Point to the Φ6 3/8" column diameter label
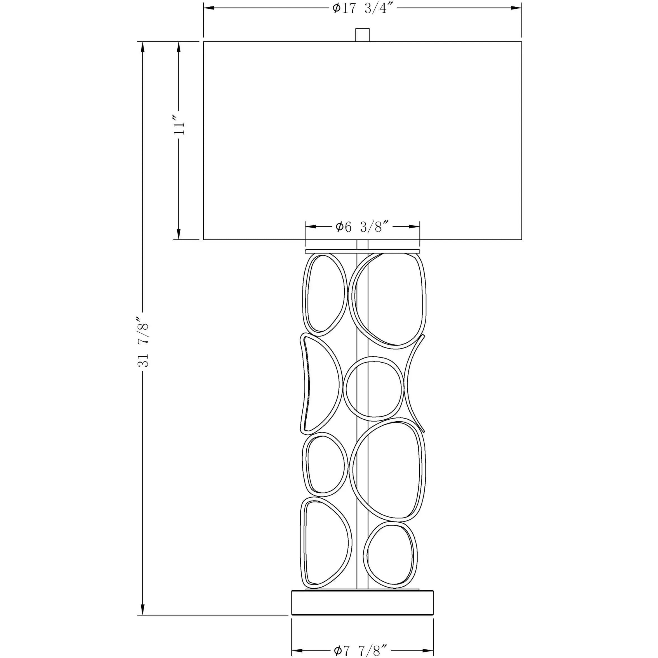tap(362, 227)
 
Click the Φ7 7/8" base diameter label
tap(361, 650)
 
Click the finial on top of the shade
tap(362, 35)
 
